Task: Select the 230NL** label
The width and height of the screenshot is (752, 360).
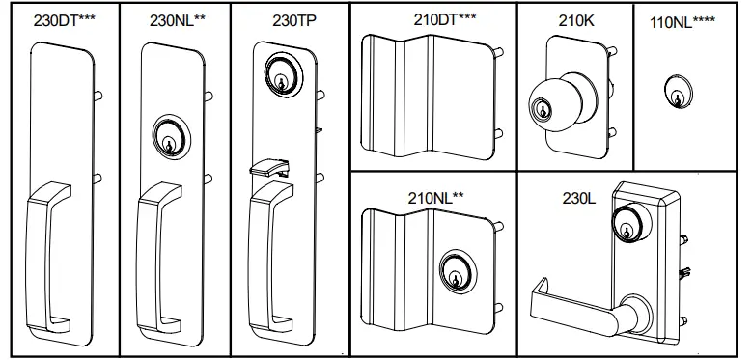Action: point(174,20)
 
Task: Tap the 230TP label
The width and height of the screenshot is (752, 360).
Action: point(285,20)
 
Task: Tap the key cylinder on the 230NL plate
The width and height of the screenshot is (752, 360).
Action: point(170,137)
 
